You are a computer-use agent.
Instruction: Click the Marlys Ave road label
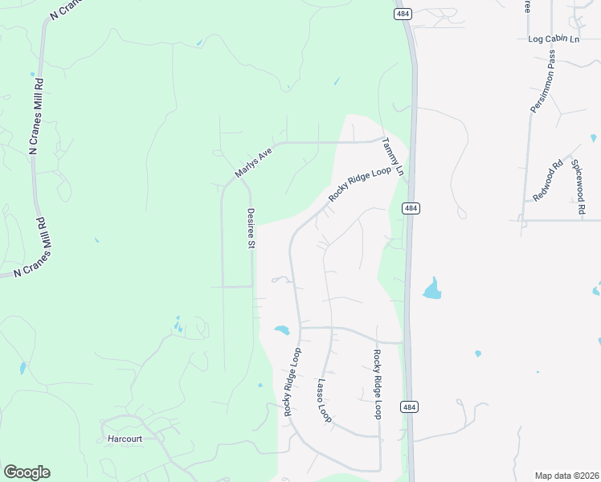[254, 162]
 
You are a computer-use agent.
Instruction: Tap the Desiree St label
[251, 227]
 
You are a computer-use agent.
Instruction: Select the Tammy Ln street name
[391, 157]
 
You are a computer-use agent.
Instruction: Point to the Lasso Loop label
[324, 401]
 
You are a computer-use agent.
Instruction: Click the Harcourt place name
[124, 439]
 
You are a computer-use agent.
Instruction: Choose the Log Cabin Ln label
[554, 39]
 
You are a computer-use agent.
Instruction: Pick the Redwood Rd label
[548, 184]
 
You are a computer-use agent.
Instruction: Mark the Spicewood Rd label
[578, 186]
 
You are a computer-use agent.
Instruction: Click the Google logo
[27, 472]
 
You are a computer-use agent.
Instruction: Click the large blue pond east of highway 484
[432, 289]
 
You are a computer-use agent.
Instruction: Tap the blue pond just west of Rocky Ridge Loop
[281, 329]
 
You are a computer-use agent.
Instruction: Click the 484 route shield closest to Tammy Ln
[411, 209]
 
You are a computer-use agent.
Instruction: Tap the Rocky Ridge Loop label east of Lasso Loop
[376, 384]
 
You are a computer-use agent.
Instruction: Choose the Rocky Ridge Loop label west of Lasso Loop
[292, 382]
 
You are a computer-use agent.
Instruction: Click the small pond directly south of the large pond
[478, 353]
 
